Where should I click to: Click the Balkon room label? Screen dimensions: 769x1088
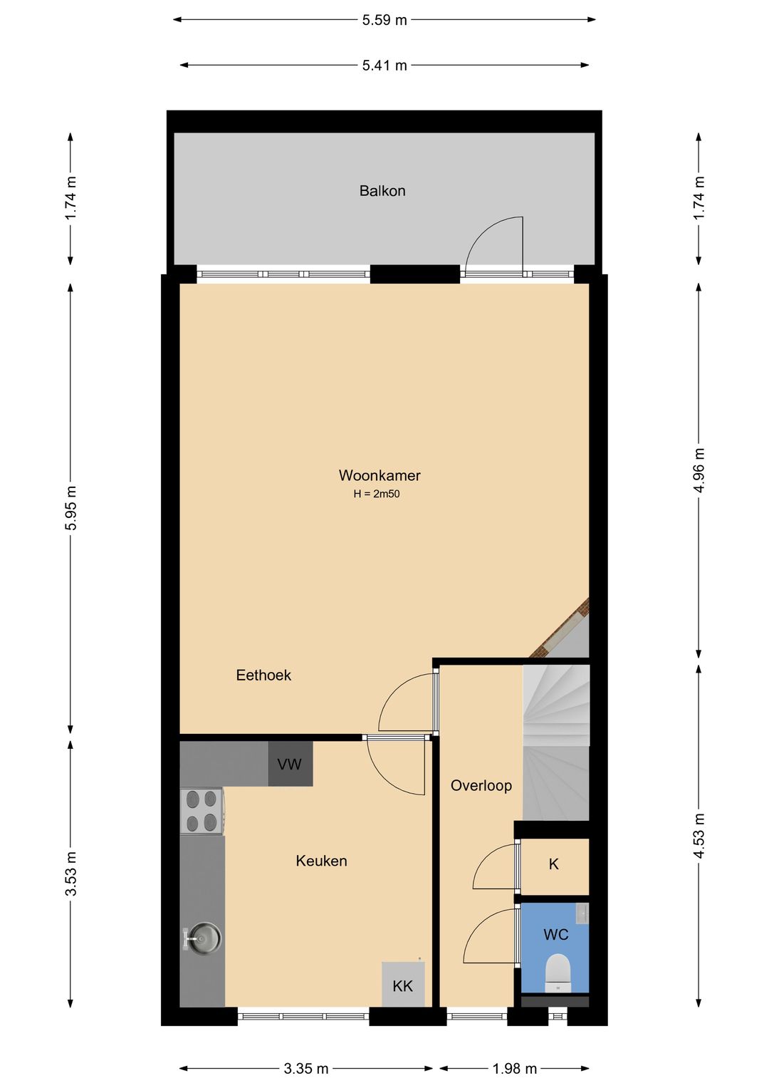click(382, 191)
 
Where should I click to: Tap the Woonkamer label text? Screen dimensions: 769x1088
click(379, 475)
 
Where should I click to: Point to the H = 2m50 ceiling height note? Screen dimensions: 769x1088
click(376, 494)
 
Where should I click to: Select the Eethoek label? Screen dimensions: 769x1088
click(263, 675)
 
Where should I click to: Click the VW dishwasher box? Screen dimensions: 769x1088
click(290, 764)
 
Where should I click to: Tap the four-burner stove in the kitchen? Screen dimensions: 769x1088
click(202, 811)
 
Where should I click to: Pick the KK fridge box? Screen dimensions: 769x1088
click(402, 985)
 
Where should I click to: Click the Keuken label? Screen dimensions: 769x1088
click(321, 861)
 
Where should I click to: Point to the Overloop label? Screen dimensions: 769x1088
click(481, 785)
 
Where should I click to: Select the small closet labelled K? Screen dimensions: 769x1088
click(554, 864)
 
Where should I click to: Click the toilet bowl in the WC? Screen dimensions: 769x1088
click(557, 973)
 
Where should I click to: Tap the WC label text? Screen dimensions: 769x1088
click(556, 935)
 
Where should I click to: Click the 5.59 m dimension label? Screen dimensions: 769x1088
click(384, 21)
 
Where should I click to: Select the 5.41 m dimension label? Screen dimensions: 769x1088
click(384, 65)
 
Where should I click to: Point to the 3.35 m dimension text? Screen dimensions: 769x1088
click(306, 1069)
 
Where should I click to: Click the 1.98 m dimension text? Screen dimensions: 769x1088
click(514, 1069)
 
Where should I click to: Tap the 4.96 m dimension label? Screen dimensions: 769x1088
click(699, 470)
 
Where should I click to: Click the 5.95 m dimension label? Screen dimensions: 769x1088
click(70, 507)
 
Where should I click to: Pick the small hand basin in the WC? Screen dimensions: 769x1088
click(582, 913)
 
